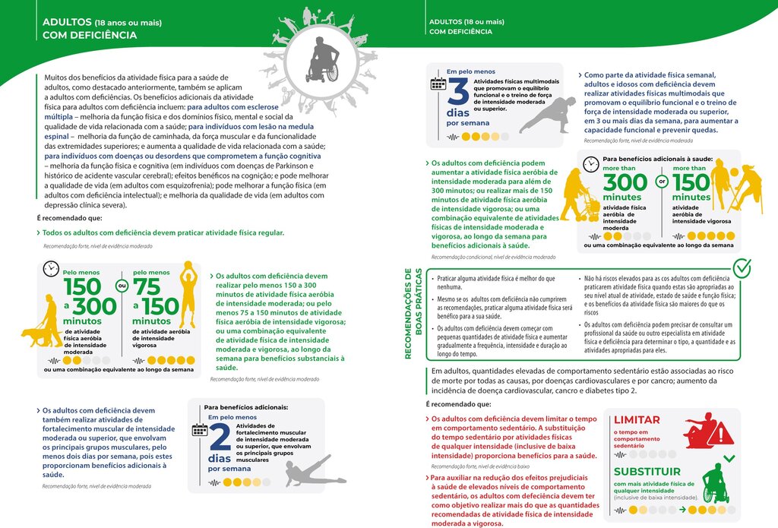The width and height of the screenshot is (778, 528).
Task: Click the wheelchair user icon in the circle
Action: point(322,60)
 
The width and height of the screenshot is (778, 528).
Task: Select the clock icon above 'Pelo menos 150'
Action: point(51,268)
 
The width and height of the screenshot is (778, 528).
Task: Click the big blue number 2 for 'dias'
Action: point(219,439)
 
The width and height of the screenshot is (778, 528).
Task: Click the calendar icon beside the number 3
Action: point(438,84)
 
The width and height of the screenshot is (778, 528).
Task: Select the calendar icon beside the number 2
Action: point(199,430)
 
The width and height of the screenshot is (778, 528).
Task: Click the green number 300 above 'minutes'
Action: point(625,183)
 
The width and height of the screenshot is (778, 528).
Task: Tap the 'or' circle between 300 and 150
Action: point(661,182)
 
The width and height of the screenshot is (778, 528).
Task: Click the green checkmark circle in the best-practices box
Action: point(742,268)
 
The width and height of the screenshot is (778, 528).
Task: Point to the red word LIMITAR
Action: point(637,419)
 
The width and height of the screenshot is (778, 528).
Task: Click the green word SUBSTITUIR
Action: point(647,472)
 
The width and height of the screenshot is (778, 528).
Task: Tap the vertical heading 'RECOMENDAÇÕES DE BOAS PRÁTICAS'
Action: point(409,312)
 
